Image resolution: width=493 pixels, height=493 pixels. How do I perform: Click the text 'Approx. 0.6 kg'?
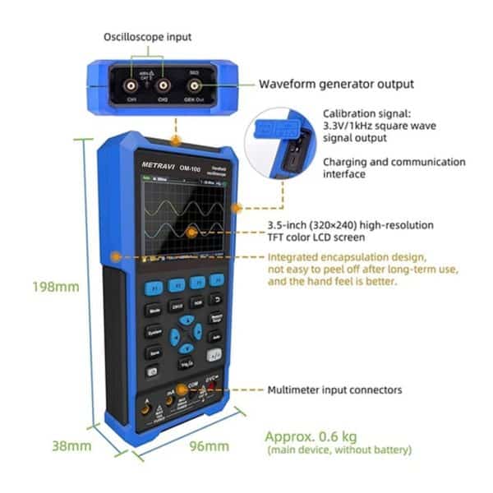pyautogui.click(x=310, y=436)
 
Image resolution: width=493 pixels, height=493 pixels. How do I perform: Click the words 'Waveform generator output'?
pyautogui.click(x=337, y=84)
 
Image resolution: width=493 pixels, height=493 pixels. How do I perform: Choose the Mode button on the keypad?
pyautogui.click(x=154, y=311)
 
